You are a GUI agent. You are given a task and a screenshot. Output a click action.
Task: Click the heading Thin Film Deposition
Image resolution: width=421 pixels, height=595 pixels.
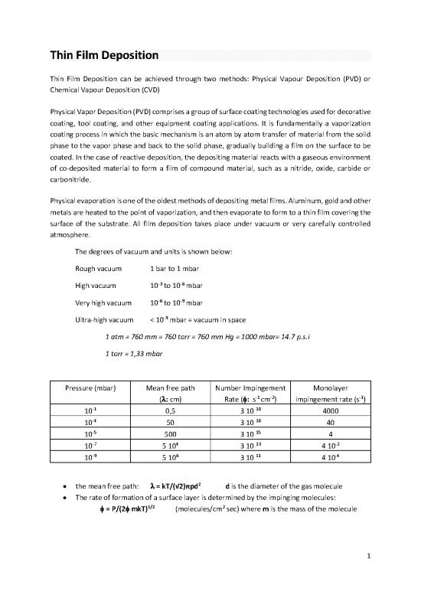(104, 55)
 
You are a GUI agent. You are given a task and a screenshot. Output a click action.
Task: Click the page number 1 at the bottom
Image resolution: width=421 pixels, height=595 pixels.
(367, 557)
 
